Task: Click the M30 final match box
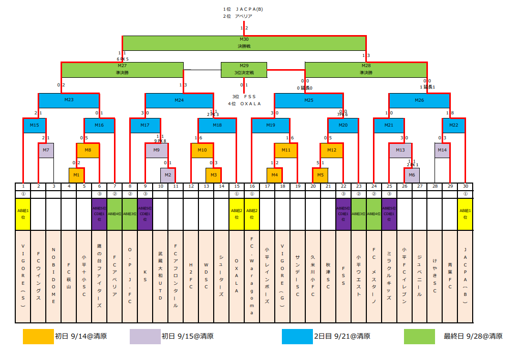click(x=244, y=43)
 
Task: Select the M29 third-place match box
click(x=244, y=69)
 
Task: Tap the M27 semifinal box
click(x=122, y=69)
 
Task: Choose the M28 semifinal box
click(x=365, y=69)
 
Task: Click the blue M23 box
click(x=69, y=100)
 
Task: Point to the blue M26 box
click(x=419, y=100)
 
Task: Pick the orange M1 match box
click(x=76, y=175)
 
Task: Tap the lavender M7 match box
click(x=46, y=151)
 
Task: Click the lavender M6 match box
click(x=412, y=175)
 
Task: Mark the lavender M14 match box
click(x=442, y=151)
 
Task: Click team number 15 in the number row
click(x=237, y=187)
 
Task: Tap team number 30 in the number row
click(x=465, y=187)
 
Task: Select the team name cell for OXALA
click(x=237, y=276)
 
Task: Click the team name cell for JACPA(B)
click(x=465, y=276)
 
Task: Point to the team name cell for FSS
click(x=343, y=276)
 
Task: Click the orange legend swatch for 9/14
click(x=38, y=337)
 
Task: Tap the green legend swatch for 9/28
click(x=419, y=337)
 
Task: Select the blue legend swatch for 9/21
click(x=297, y=337)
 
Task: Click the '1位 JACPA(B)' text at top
click(x=243, y=9)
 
